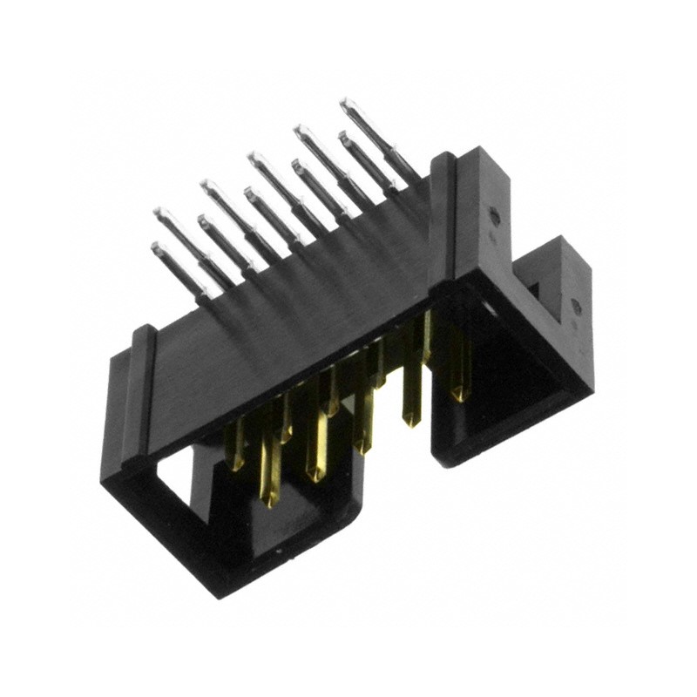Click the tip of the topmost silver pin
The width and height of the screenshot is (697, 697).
point(346,104)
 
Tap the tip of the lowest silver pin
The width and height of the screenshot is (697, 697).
point(157,249)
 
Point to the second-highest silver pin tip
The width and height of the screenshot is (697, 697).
point(301,130)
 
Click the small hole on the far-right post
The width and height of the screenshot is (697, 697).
point(575,305)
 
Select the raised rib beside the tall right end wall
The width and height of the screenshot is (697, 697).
point(440,218)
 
